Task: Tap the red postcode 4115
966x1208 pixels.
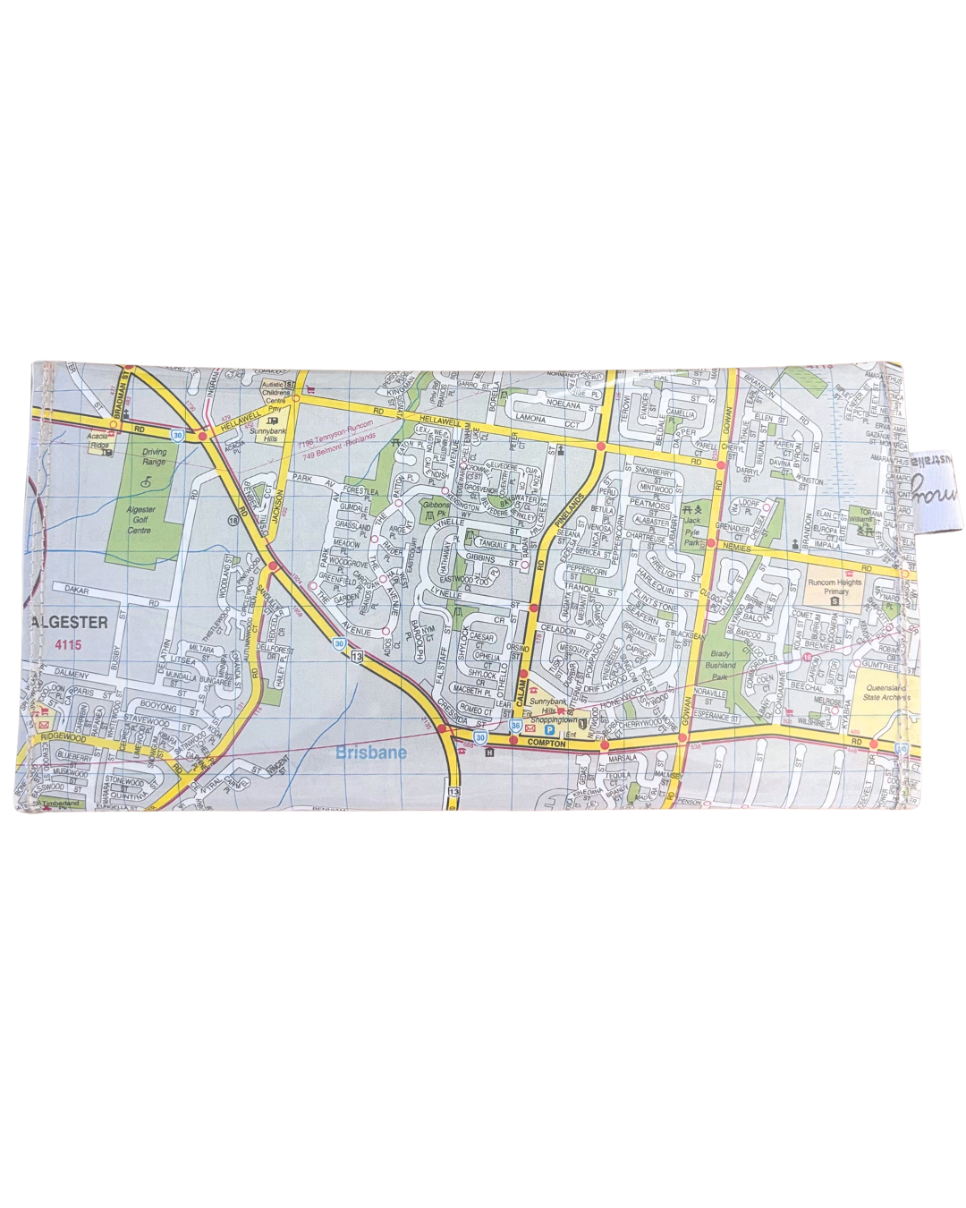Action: point(66,643)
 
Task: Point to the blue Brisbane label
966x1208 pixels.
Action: point(370,753)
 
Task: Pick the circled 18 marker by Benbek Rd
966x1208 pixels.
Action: point(233,520)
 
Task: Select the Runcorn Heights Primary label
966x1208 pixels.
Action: point(833,588)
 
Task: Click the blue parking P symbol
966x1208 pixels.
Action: point(549,730)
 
